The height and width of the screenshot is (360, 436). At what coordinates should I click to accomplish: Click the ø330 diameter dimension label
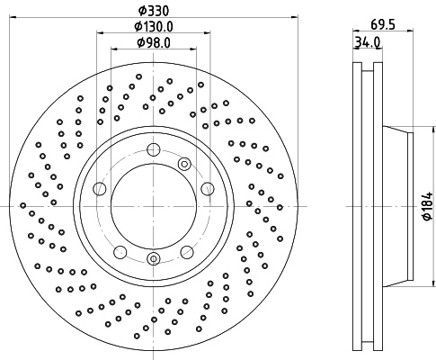pos(154,11)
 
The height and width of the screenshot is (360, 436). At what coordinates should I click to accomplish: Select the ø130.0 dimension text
pos(154,27)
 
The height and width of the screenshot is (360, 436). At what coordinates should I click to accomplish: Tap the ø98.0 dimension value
pos(154,43)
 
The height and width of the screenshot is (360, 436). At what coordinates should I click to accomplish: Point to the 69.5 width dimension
pos(383,24)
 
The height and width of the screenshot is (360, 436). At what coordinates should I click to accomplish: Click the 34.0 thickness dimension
pos(368,42)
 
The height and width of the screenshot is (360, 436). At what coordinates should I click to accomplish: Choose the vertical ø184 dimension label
pos(428,206)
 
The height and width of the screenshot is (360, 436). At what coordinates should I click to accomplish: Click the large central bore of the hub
pos(154,206)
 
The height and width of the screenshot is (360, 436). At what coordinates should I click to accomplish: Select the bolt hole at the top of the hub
pos(154,149)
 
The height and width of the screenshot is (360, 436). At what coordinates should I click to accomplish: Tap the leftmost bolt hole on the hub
pos(100,189)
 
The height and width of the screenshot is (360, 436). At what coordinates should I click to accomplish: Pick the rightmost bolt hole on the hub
pos(208,189)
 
